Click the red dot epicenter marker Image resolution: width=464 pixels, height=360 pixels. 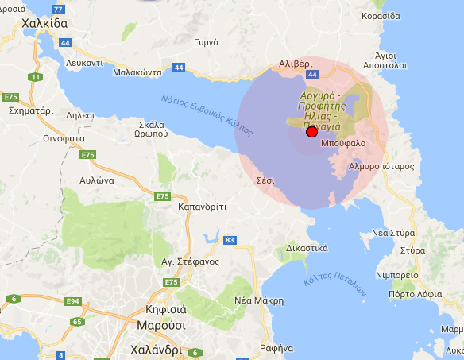[x=311, y=134]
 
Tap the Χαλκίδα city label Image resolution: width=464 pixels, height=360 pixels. [x=33, y=25]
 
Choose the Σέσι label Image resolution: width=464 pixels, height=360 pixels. [x=265, y=181]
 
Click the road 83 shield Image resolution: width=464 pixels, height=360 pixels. [x=230, y=239]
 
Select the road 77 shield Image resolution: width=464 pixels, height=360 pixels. [x=58, y=9]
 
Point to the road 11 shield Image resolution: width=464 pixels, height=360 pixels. [x=35, y=77]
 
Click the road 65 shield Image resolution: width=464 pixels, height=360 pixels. [x=77, y=322]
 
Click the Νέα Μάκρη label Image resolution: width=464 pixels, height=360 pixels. [x=259, y=300]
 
